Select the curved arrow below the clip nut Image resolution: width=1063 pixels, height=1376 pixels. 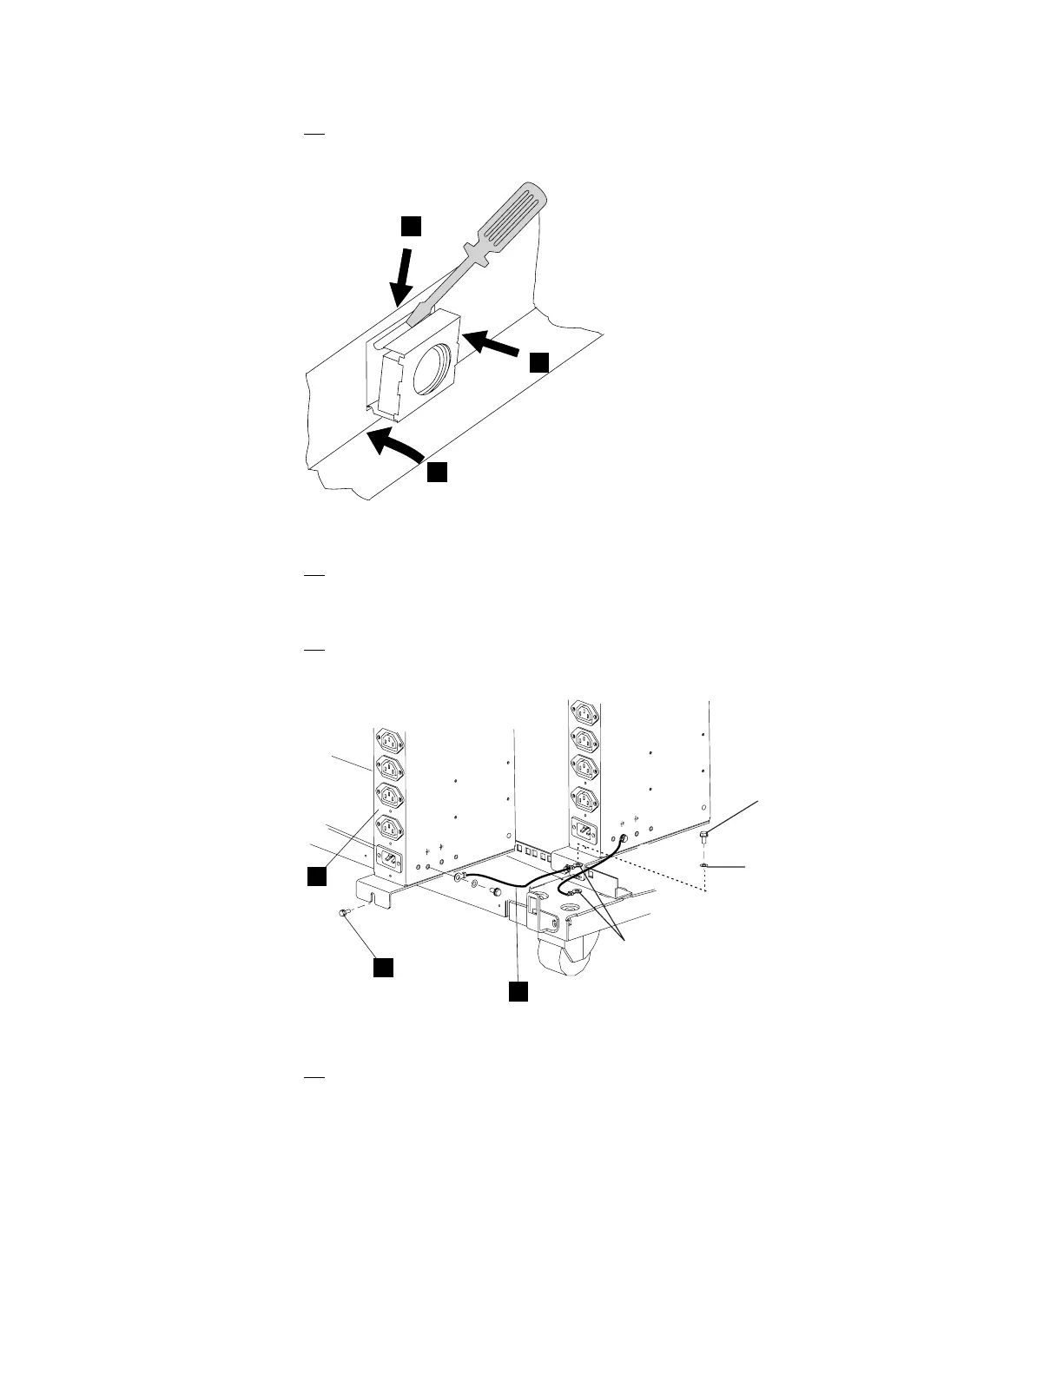click(x=394, y=446)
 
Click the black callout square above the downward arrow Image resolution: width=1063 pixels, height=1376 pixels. click(x=411, y=226)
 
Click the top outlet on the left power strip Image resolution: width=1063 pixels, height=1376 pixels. click(x=389, y=742)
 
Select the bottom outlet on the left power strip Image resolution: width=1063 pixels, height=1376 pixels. click(x=389, y=825)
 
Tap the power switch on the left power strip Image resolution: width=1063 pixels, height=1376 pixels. click(x=390, y=861)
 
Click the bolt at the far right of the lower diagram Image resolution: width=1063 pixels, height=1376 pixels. click(x=705, y=836)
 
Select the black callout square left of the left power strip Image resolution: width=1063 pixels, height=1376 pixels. click(x=317, y=876)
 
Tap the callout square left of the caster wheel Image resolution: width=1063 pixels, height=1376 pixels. click(x=518, y=991)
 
